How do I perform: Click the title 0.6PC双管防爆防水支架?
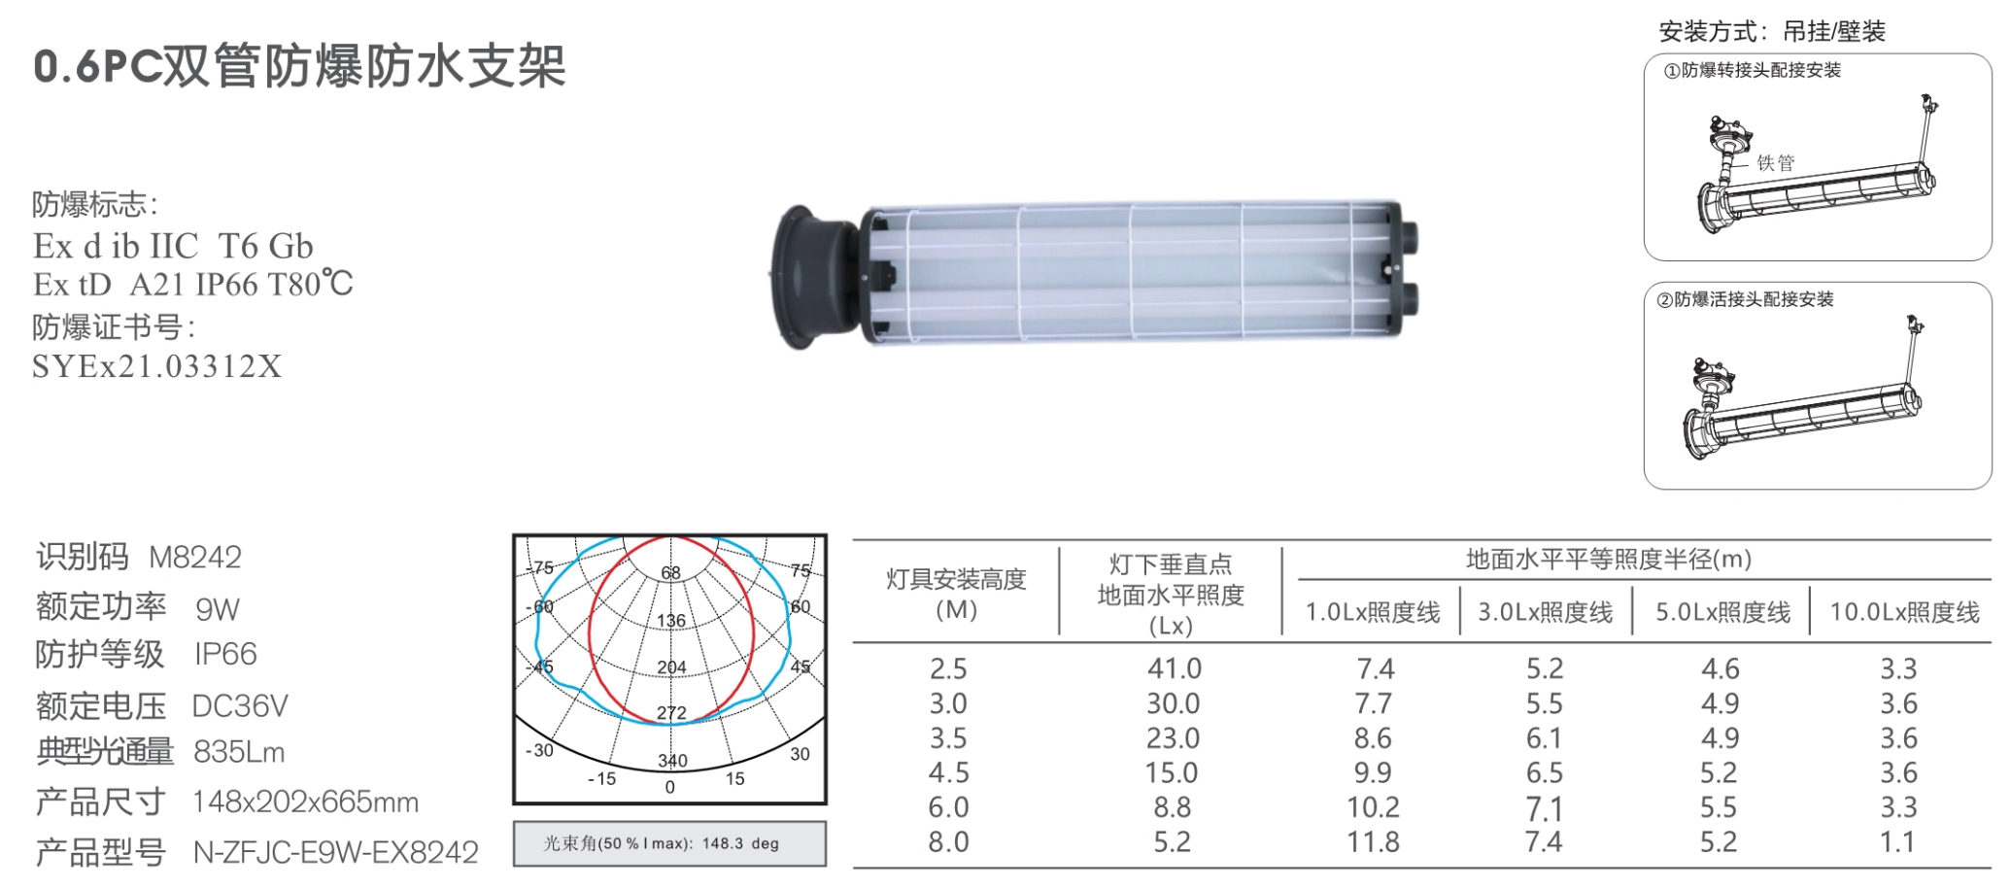tap(299, 67)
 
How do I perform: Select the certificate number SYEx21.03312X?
tap(157, 366)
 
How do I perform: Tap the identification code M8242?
tap(195, 557)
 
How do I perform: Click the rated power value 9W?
tap(218, 609)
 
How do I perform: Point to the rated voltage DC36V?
tap(240, 705)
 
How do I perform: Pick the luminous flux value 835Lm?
tap(239, 752)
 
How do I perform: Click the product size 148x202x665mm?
tap(305, 802)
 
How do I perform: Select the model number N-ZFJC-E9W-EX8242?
tap(336, 852)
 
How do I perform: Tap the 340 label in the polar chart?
tap(672, 761)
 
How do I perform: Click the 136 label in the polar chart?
tap(671, 621)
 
